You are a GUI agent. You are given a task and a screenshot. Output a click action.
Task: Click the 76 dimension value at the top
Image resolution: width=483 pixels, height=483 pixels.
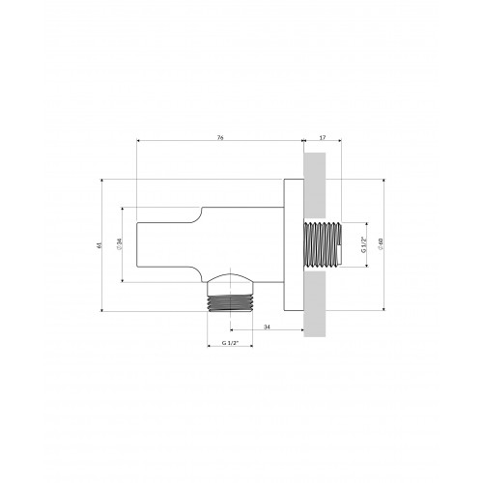pyautogui.click(x=220, y=137)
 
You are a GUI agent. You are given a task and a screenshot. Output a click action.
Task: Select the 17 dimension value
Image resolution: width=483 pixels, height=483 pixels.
pyautogui.click(x=323, y=137)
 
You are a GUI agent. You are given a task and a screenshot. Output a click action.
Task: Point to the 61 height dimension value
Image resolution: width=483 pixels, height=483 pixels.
pyautogui.click(x=99, y=245)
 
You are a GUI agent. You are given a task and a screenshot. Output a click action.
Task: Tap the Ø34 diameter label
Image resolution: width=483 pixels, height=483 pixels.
pyautogui.click(x=120, y=244)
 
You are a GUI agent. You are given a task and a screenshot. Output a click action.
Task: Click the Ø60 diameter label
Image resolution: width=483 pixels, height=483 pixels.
pyautogui.click(x=381, y=244)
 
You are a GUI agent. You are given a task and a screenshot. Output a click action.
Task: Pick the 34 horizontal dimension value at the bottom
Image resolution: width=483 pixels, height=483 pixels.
pyautogui.click(x=267, y=327)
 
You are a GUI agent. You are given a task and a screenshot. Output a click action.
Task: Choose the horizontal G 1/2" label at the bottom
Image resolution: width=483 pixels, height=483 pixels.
pyautogui.click(x=230, y=343)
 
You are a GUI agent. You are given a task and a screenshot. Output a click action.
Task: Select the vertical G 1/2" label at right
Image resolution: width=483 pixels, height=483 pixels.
pyautogui.click(x=364, y=244)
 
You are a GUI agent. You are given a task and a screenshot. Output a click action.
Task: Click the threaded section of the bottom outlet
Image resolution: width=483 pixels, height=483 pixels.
pyautogui.click(x=230, y=303)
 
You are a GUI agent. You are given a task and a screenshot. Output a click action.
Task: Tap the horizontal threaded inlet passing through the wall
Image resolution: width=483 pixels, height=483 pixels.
pyautogui.click(x=323, y=244)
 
